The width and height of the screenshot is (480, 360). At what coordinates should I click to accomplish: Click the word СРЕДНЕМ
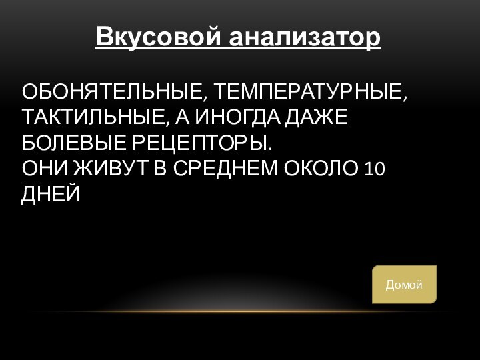(x=227, y=169)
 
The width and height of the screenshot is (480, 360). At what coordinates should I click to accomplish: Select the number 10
(x=375, y=169)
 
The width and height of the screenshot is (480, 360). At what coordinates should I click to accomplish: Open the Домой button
(x=404, y=285)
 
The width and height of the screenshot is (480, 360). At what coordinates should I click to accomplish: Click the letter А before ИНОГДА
(x=181, y=118)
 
